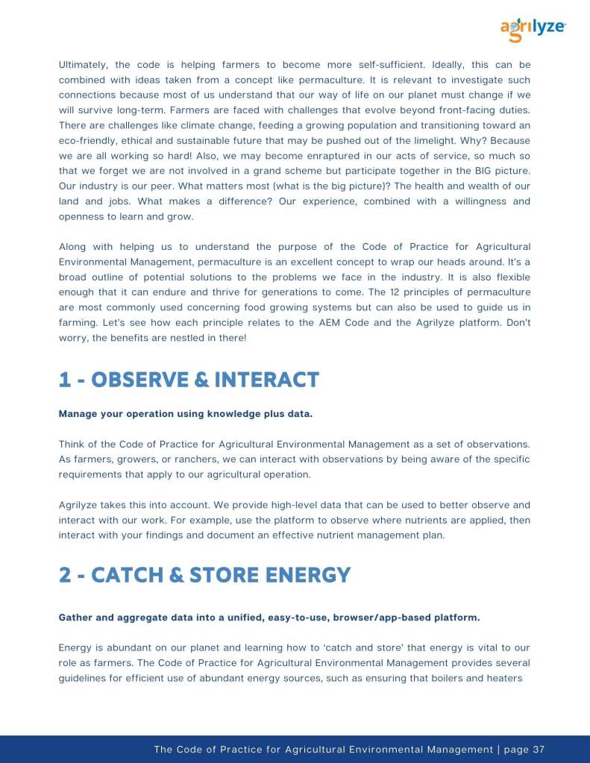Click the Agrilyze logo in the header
533,28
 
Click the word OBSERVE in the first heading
139,380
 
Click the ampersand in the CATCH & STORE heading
182,575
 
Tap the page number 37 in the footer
539,750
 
